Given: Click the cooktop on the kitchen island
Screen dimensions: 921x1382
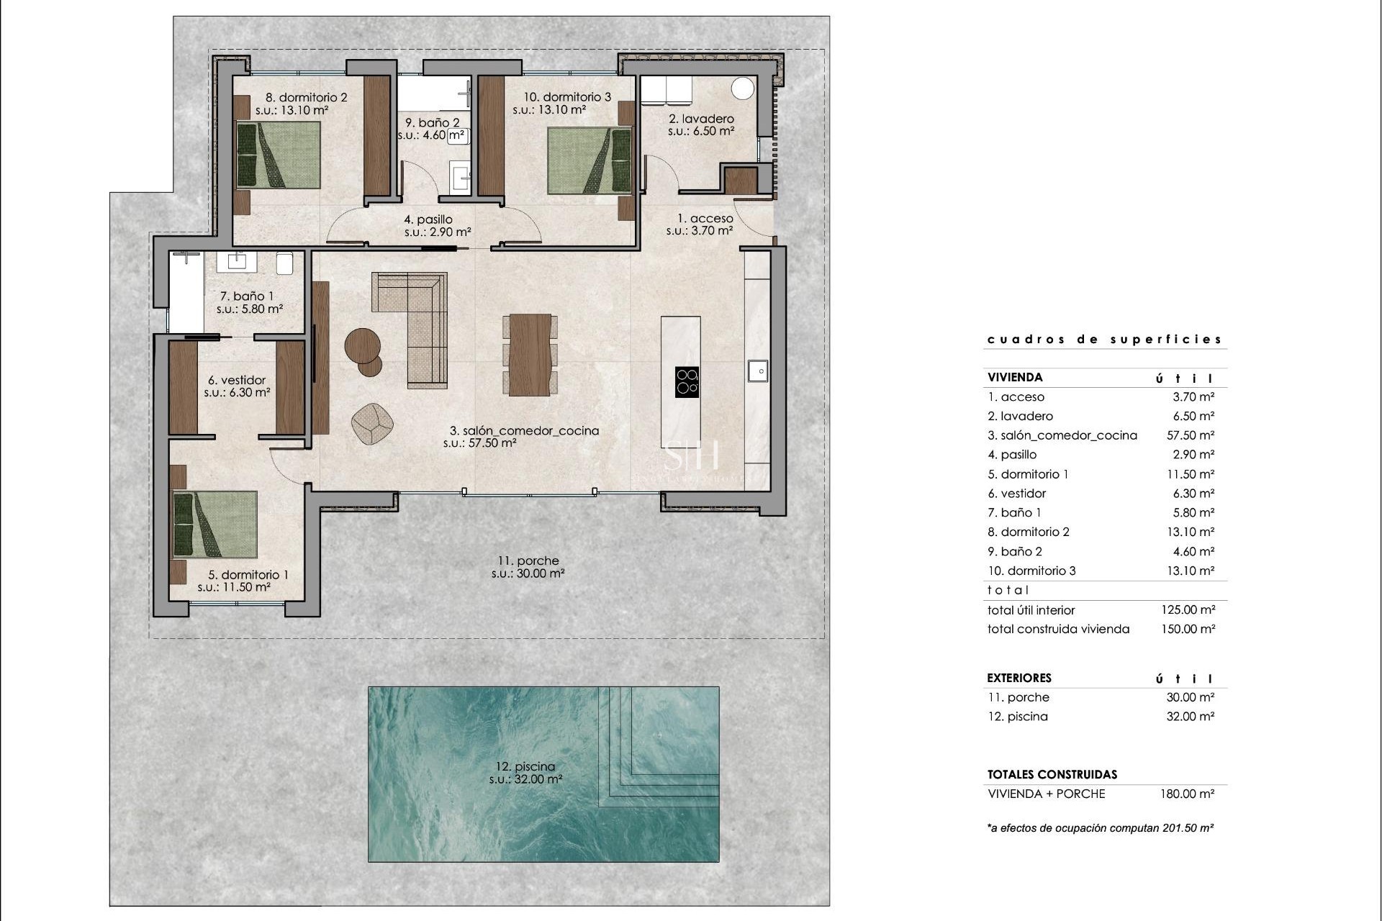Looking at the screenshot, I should click(x=687, y=381).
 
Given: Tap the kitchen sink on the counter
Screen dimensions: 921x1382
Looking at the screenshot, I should click(x=758, y=371).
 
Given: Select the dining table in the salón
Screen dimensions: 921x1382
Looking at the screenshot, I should click(x=530, y=355).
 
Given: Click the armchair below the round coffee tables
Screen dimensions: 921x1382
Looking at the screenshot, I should click(x=372, y=424).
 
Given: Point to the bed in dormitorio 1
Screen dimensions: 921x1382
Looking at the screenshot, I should click(x=215, y=525).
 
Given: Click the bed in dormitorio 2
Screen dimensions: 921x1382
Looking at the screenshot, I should click(x=279, y=155).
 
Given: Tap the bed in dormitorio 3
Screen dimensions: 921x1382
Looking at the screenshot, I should click(x=589, y=161).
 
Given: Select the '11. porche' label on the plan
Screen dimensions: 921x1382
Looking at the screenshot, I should click(x=528, y=561).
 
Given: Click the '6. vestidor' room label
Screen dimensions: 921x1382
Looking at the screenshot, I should click(x=237, y=380).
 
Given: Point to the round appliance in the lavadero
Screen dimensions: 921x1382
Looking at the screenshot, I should click(x=743, y=89).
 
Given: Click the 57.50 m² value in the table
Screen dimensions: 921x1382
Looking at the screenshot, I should click(x=1190, y=435).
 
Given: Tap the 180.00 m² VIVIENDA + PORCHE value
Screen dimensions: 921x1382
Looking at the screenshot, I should click(x=1187, y=794).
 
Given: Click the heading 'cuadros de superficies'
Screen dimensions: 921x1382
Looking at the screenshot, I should click(x=1104, y=340).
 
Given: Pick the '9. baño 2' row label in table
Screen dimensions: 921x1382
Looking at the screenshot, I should click(x=1015, y=551).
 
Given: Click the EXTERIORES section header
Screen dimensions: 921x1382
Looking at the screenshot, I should click(x=1019, y=678).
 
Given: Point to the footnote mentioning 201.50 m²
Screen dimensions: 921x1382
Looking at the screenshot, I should click(x=1101, y=828).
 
